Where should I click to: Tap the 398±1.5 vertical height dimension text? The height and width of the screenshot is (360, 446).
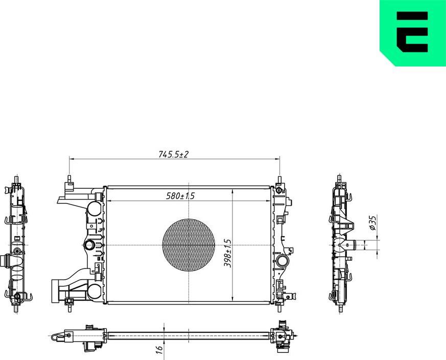(228, 253)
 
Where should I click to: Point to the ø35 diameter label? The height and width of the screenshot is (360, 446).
(373, 223)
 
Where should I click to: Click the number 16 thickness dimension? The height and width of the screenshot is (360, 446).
(159, 349)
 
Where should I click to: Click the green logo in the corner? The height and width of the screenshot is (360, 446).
(412, 33)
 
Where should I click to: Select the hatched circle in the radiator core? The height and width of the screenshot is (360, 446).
(189, 245)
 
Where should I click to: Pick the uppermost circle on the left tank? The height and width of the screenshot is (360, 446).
(93, 209)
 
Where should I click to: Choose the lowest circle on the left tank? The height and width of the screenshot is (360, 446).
(93, 291)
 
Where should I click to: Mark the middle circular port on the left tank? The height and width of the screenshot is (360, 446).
(89, 245)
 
